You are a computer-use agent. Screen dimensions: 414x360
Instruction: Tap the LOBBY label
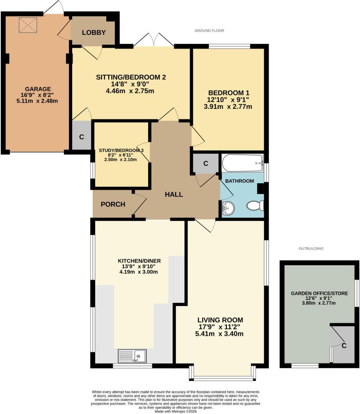click(x=94, y=33)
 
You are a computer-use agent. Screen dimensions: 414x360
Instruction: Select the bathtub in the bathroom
click(x=242, y=163)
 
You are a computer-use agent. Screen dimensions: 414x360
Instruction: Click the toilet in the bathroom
click(x=255, y=206)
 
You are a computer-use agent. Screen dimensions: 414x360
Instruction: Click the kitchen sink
click(x=132, y=356)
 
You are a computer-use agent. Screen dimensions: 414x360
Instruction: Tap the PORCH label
click(x=113, y=204)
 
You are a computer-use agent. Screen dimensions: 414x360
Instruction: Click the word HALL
click(x=174, y=194)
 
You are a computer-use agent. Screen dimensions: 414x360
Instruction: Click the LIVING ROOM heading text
click(x=220, y=320)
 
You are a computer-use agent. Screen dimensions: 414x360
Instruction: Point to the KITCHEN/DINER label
click(x=139, y=261)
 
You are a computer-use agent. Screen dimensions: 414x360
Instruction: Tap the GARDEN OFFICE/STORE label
click(x=319, y=294)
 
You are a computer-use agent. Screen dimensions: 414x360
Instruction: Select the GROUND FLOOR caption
click(x=209, y=31)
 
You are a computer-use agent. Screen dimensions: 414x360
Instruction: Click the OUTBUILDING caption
click(x=311, y=248)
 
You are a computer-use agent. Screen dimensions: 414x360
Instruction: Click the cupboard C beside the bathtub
click(x=206, y=164)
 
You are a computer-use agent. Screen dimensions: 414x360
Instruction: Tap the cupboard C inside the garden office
click(x=344, y=345)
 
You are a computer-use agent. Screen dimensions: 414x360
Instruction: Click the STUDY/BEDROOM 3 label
click(x=121, y=151)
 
